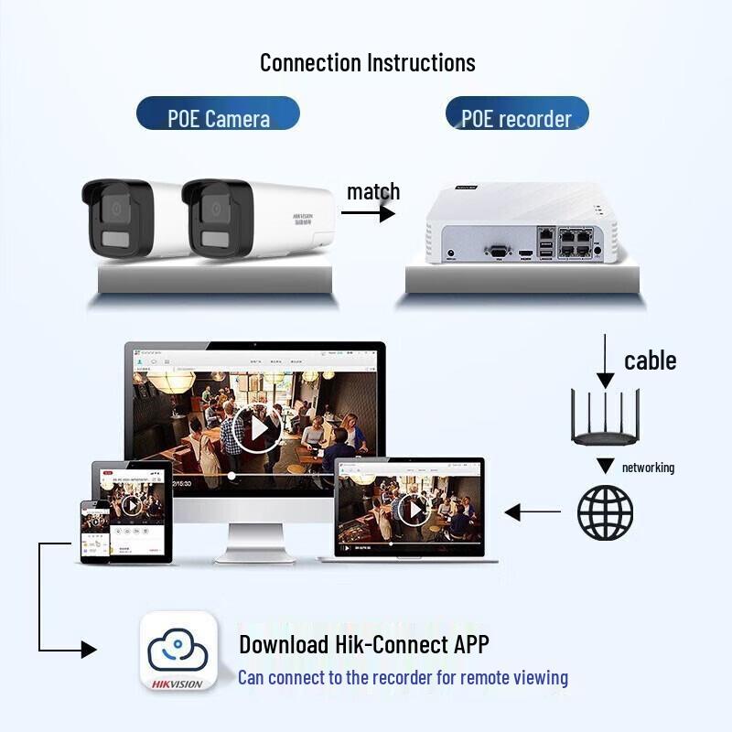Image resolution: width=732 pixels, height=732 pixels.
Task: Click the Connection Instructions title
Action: (367, 62)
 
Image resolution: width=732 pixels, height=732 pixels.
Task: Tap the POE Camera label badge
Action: (218, 116)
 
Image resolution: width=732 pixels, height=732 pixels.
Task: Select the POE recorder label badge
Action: (516, 116)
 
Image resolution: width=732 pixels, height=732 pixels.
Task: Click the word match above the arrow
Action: (373, 192)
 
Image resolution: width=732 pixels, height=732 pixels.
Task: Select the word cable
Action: (650, 361)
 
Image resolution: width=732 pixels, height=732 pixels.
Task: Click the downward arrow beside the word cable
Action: (604, 362)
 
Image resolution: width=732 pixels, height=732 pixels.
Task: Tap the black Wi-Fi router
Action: (605, 421)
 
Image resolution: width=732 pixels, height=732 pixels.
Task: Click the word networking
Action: (648, 468)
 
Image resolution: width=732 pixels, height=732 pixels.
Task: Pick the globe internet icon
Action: (605, 512)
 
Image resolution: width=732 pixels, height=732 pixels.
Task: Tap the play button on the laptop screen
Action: (414, 509)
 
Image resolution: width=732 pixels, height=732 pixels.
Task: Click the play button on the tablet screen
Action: (132, 504)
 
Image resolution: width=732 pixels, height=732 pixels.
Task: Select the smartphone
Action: (95, 531)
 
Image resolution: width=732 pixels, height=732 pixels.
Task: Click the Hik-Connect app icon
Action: (178, 651)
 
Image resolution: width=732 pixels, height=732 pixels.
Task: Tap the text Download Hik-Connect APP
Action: (364, 644)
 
